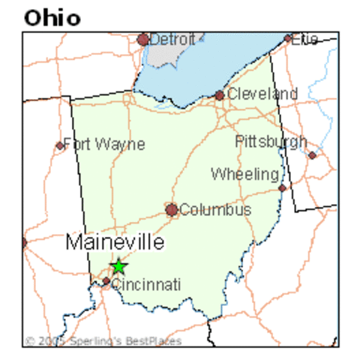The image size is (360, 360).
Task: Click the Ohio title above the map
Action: click(52, 16)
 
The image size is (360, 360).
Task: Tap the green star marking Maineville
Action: click(118, 266)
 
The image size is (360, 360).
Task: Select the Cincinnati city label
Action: click(146, 284)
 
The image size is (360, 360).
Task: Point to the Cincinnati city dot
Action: click(106, 282)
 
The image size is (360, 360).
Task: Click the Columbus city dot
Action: click(172, 210)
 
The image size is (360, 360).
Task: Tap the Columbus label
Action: click(215, 210)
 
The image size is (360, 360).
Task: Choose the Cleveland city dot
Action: click(219, 95)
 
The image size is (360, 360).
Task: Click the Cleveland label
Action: click(262, 94)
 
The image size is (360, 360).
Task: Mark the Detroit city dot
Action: click(142, 39)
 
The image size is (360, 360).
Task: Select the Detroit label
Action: click(173, 38)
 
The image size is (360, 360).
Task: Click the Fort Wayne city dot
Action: click(60, 145)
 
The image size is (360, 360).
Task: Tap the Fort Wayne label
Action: click(104, 144)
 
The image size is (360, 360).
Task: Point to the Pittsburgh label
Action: click(271, 141)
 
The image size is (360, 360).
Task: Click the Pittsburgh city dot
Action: click(312, 155)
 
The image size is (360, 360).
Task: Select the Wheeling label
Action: click(245, 174)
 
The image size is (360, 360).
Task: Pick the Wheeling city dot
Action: click(282, 187)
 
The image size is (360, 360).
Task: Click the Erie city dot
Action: click(288, 38)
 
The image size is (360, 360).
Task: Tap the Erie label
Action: click(305, 38)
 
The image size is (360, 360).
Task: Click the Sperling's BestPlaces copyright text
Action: click(103, 341)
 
